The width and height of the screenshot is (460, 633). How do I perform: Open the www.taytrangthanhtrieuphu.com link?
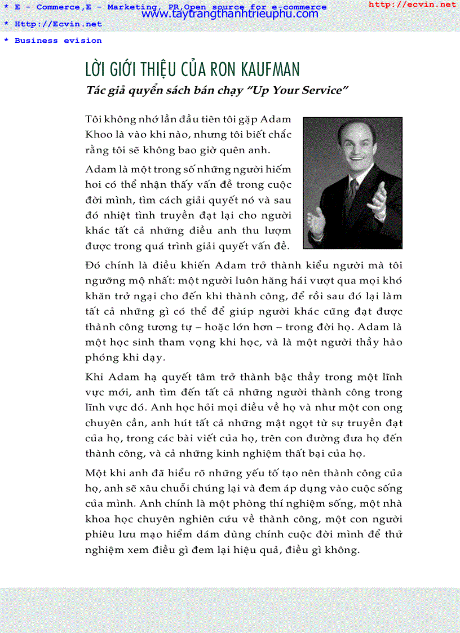(230, 14)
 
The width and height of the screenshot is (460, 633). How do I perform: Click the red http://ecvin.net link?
(412, 5)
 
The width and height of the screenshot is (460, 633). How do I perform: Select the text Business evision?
(58, 41)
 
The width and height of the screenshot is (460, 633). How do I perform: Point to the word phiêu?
(100, 534)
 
